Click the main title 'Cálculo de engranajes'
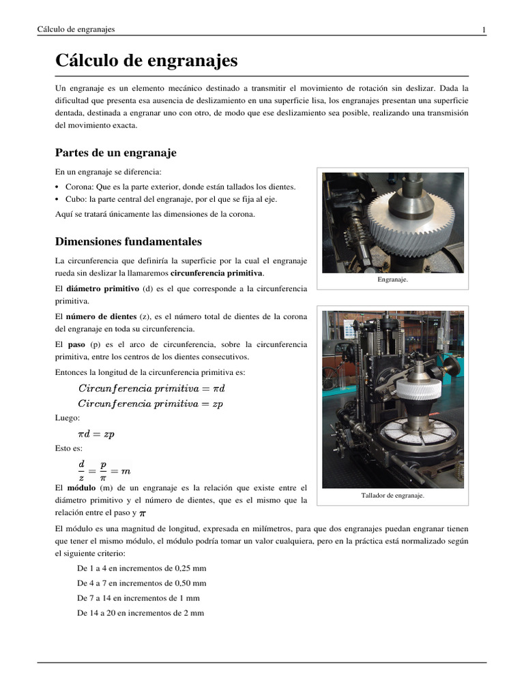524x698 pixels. coord(146,61)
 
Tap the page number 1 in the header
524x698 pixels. coord(484,29)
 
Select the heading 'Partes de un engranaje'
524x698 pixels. coord(115,152)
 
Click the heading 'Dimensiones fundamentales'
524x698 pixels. coord(128,241)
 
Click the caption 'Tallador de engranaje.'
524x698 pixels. coord(392,496)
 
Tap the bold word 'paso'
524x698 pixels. coord(76,345)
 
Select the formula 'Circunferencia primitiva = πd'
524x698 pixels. coord(151,389)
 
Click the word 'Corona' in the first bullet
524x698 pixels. coord(78,187)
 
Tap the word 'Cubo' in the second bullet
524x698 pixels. coord(75,200)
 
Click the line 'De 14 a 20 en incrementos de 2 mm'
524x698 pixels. coord(141,613)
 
